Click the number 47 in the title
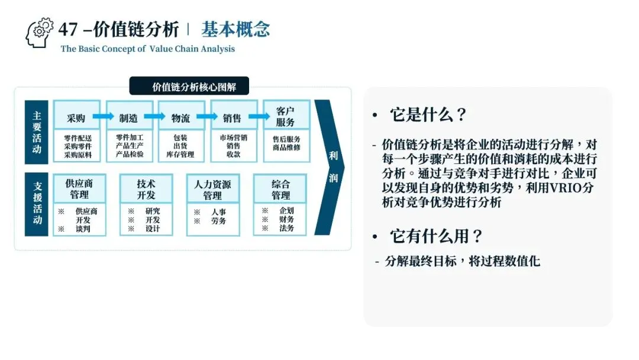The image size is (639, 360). point(68,29)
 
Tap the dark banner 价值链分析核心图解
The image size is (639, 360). point(189,86)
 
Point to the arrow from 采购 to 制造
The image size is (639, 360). point(102,117)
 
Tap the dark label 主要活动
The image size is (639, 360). point(37,132)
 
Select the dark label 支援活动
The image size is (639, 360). point(37,203)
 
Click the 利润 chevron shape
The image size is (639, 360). point(330,167)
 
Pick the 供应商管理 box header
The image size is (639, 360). point(79,188)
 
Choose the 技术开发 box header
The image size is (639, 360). point(146,188)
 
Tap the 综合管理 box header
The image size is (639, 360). point(280,188)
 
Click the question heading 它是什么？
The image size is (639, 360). point(428,115)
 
